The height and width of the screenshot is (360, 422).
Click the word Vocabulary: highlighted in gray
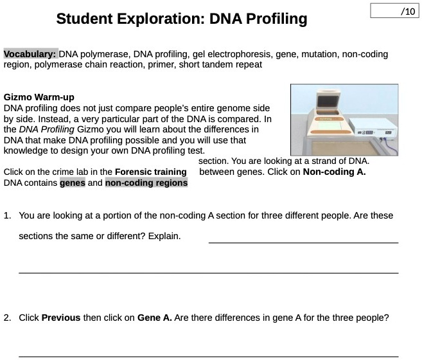pyautogui.click(x=30, y=54)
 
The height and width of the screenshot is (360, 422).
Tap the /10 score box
pyautogui.click(x=394, y=12)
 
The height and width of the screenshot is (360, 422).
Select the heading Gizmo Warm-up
pyautogui.click(x=39, y=97)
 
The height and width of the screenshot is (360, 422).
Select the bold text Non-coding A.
pyautogui.click(x=334, y=172)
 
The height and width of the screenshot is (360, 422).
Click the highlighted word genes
pyautogui.click(x=73, y=183)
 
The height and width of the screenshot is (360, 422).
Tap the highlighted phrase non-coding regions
pyautogui.click(x=146, y=183)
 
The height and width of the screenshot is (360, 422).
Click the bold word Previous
pyautogui.click(x=61, y=318)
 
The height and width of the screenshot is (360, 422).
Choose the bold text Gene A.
pyautogui.click(x=154, y=318)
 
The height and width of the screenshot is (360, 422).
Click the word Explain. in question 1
pyautogui.click(x=164, y=236)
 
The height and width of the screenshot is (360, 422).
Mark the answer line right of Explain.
pyautogui.click(x=303, y=241)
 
